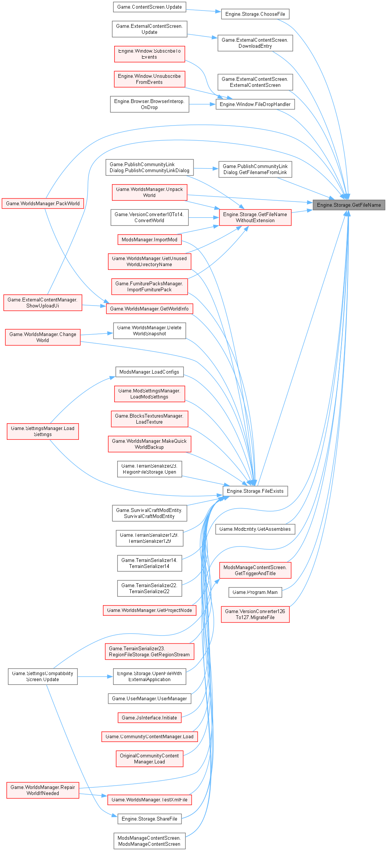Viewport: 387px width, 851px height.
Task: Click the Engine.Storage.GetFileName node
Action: pyautogui.click(x=349, y=205)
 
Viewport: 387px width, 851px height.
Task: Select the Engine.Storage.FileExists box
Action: pyautogui.click(x=255, y=491)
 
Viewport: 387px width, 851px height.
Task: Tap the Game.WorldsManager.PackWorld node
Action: pyautogui.click(x=42, y=203)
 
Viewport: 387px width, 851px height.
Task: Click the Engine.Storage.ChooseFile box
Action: pyautogui.click(x=255, y=14)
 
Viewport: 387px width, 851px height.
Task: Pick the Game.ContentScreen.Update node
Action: pyautogui.click(x=149, y=7)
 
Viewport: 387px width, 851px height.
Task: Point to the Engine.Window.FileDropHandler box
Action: pyautogui.click(x=255, y=104)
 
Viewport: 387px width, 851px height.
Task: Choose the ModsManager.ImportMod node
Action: pyautogui.click(x=149, y=239)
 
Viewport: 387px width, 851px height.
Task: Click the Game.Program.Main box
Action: pyautogui.click(x=255, y=592)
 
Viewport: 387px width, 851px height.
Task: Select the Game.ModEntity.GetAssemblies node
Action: pyautogui.click(x=255, y=529)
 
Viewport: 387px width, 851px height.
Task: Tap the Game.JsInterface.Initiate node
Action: pyautogui.click(x=149, y=718)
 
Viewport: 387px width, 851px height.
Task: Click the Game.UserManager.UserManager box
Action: pyautogui.click(x=149, y=698)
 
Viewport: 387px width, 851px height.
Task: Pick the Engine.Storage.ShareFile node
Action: pyautogui.click(x=149, y=819)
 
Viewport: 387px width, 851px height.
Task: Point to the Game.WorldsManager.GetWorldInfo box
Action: pyautogui.click(x=149, y=309)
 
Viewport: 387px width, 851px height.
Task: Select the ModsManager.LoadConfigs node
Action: pyautogui.click(x=149, y=372)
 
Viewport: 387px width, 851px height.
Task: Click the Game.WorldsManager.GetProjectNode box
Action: pyautogui.click(x=149, y=610)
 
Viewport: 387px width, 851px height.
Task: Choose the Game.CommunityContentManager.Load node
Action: pyautogui.click(x=149, y=736)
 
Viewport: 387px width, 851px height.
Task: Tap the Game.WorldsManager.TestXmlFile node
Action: pyautogui.click(x=149, y=800)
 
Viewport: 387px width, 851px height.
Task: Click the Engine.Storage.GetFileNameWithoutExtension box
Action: pyautogui.click(x=255, y=217)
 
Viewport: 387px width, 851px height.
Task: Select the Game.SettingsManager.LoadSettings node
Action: pyautogui.click(x=42, y=431)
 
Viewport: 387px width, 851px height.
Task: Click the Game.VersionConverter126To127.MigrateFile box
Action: pyautogui.click(x=255, y=614)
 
